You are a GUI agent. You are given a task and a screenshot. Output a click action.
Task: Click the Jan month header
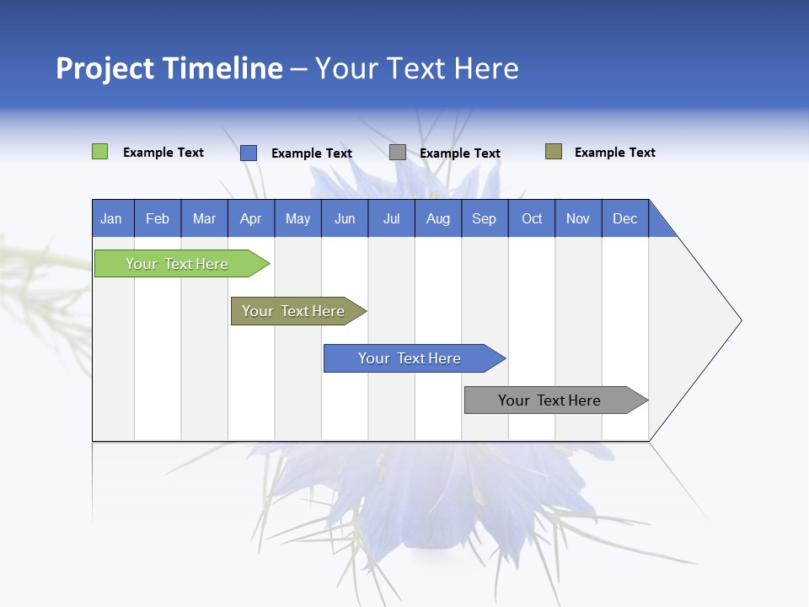click(x=111, y=218)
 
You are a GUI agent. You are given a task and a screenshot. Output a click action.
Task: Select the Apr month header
click(x=251, y=218)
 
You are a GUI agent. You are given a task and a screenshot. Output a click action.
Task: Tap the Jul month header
click(x=391, y=218)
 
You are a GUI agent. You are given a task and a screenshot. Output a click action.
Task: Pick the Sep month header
click(x=485, y=218)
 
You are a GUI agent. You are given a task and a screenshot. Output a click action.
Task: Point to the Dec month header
click(x=624, y=218)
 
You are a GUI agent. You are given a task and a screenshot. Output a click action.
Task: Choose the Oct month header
click(x=532, y=218)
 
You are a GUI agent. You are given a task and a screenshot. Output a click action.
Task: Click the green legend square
click(x=99, y=152)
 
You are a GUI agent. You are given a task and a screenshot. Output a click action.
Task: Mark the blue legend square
click(x=248, y=153)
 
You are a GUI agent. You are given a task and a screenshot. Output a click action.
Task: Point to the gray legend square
click(x=397, y=153)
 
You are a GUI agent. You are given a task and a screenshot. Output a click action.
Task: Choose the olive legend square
click(x=553, y=152)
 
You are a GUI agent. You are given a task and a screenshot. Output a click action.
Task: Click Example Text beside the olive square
click(x=614, y=153)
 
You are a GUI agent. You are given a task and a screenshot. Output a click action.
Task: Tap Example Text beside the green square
click(x=163, y=153)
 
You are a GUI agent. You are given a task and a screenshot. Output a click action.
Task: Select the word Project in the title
click(x=104, y=68)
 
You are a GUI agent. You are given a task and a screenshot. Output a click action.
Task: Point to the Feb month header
click(x=158, y=218)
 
